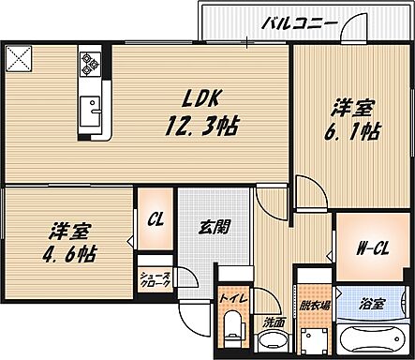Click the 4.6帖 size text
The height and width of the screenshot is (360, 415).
point(71,254)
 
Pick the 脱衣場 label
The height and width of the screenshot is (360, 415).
point(314,306)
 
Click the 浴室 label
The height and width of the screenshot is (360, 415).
point(375,303)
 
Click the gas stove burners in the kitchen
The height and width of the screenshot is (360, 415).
point(90,64)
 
